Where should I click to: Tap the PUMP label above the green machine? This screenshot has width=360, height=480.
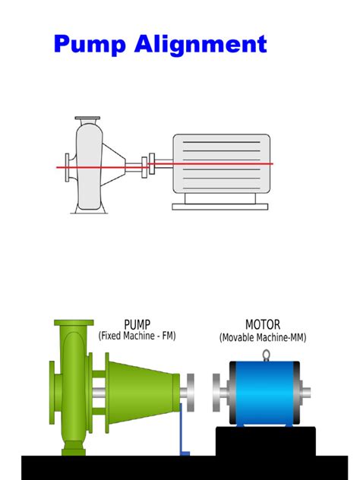pos(137,324)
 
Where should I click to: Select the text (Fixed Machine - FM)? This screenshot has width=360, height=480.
pos(137,336)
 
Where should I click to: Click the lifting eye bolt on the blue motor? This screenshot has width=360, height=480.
pos(266,355)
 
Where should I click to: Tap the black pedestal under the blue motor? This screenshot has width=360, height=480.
pos(265,441)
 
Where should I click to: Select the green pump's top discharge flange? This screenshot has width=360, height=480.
pos(74,323)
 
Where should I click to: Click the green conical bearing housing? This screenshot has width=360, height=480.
pos(141,391)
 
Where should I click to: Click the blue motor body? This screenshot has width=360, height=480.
pos(265,392)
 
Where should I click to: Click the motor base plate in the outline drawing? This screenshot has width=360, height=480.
pos(219,205)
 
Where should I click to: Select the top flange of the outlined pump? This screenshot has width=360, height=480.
pos(87,118)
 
